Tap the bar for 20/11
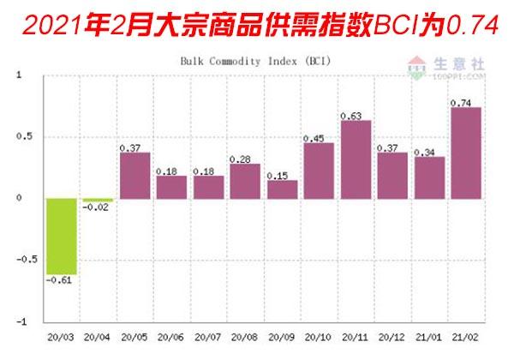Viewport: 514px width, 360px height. pos(356,159)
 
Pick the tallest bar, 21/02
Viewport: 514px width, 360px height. pos(465,153)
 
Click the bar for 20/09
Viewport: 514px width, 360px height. pos(282,189)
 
